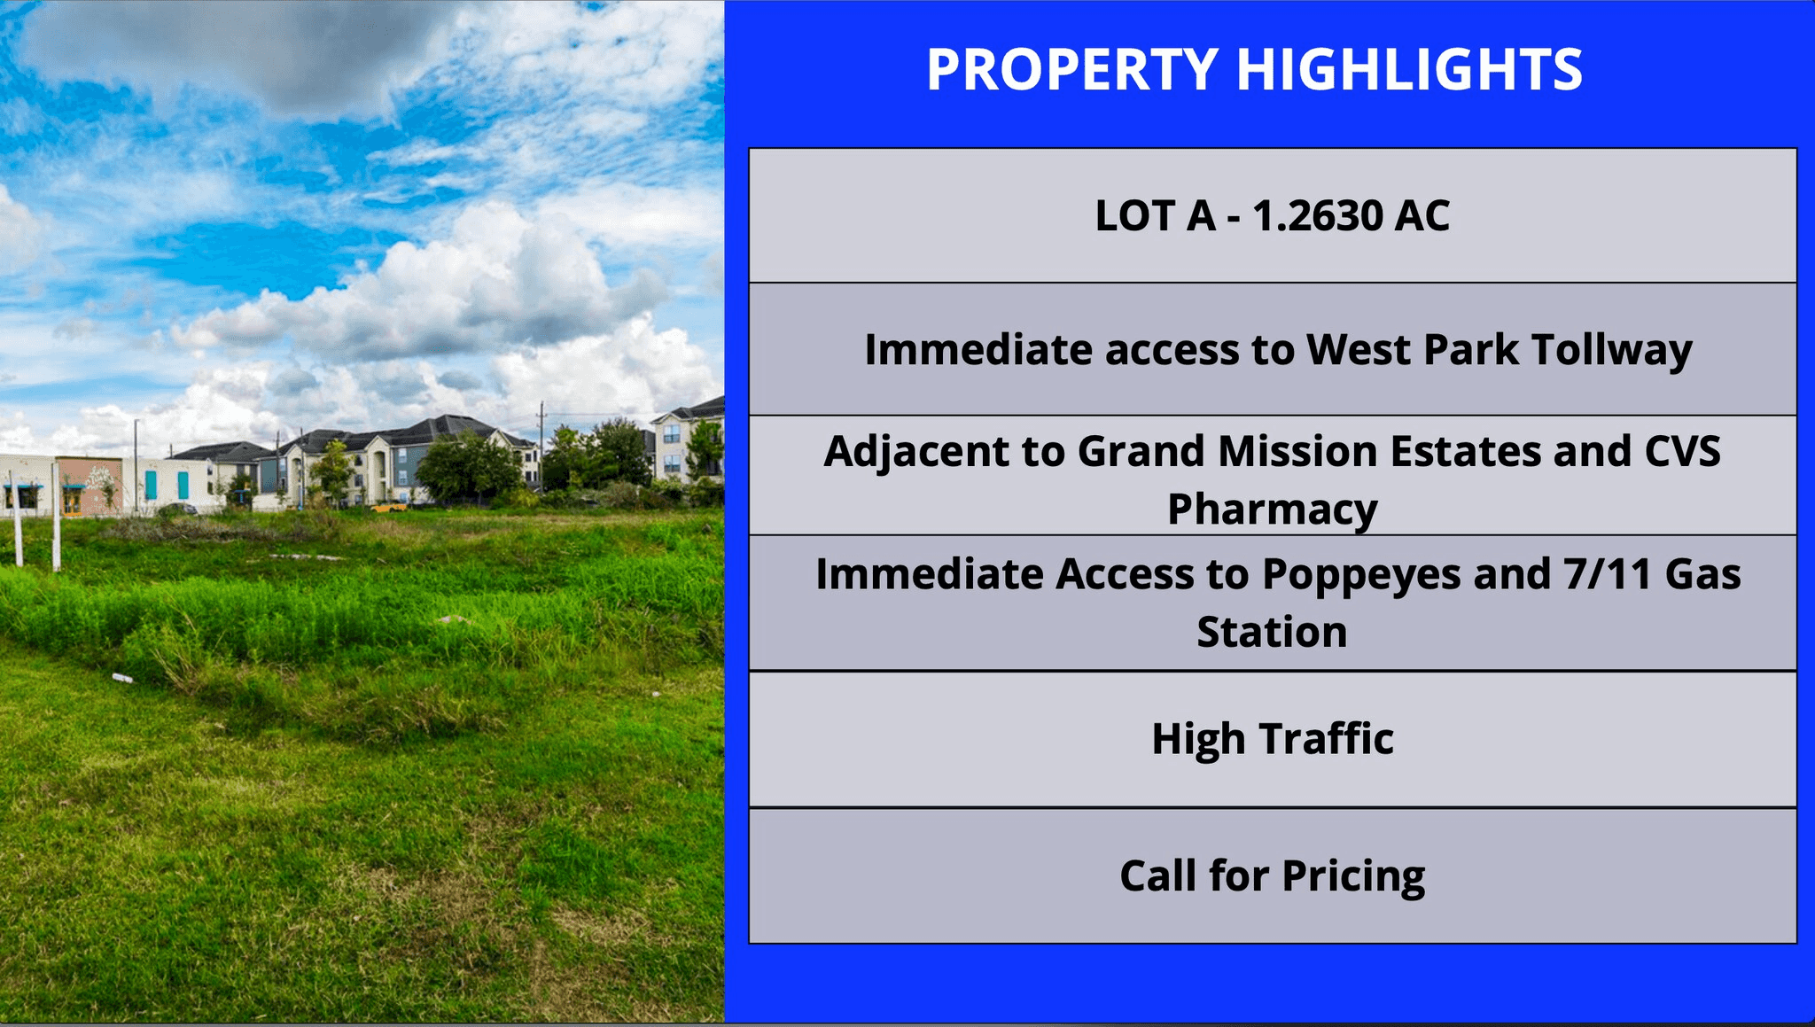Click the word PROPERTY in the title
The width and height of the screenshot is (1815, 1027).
tap(1071, 69)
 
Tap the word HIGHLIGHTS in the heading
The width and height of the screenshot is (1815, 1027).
tap(1409, 69)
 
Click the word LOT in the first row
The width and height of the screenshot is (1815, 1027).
tap(1132, 216)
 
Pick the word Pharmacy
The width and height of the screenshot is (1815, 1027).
tap(1273, 510)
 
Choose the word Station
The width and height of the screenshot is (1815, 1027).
tap(1273, 633)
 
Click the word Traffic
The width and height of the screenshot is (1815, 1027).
tap(1327, 738)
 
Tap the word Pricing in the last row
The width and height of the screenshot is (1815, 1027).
tap(1353, 876)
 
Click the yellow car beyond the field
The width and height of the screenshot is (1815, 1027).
tap(389, 508)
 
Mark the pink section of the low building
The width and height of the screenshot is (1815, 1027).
tap(90, 485)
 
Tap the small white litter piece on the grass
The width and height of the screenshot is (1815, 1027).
tap(122, 679)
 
